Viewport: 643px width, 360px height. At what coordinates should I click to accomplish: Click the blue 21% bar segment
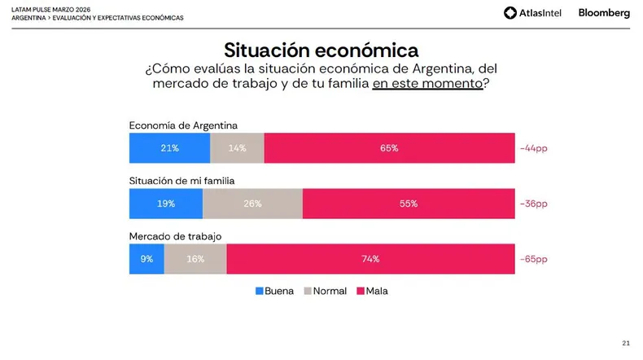point(170,147)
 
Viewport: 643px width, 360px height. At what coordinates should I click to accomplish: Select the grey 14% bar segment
point(238,147)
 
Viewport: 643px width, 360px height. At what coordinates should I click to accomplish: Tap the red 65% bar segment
point(390,147)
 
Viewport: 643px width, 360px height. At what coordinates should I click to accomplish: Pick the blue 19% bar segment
point(166,204)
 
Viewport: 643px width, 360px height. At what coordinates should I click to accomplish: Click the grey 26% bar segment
point(252,204)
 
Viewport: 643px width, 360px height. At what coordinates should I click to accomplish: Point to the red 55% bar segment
point(409,204)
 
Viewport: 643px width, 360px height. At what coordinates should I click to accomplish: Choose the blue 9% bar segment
point(147,259)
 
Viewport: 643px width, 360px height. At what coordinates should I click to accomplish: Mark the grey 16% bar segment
point(195,259)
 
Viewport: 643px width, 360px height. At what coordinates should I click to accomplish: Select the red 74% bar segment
point(370,259)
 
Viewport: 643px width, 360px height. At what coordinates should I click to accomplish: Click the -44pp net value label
point(533,148)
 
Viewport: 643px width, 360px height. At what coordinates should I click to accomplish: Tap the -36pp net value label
point(533,204)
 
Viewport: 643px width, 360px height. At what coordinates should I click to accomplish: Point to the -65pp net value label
point(533,259)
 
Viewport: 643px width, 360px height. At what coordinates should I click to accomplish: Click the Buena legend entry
point(275,291)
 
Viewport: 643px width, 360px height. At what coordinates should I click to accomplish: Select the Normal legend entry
point(326,291)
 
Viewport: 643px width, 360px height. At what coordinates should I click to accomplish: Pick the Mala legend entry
point(372,291)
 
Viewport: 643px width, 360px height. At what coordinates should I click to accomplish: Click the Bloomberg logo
point(604,13)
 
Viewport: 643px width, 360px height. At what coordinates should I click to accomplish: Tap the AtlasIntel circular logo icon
point(510,13)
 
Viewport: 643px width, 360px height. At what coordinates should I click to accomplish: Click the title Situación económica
point(321,50)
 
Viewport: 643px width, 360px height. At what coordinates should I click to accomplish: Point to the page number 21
point(626,343)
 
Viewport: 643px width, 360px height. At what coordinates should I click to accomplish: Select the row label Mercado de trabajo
point(175,236)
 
